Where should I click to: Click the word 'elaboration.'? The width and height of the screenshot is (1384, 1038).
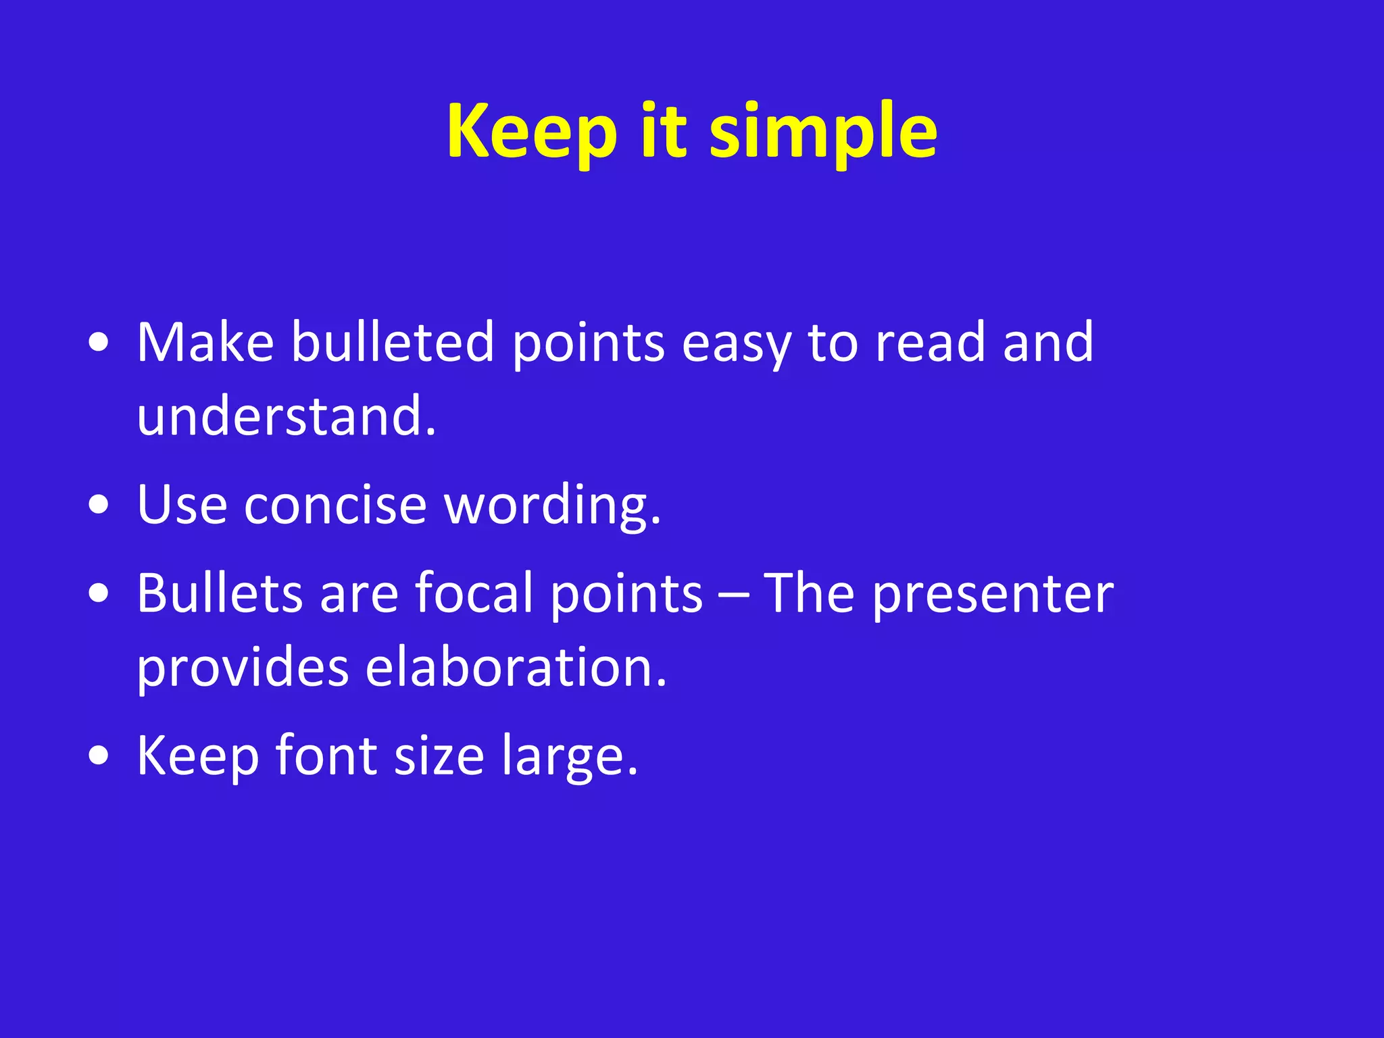coord(516,667)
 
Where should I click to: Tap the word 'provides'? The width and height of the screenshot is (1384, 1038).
coord(243,668)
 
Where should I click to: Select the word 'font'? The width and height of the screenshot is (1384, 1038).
coord(326,756)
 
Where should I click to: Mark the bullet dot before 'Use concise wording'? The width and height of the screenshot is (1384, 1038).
coord(99,505)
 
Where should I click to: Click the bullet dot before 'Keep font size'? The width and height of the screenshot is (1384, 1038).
coord(99,756)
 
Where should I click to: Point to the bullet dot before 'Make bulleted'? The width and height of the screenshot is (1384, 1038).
coord(99,343)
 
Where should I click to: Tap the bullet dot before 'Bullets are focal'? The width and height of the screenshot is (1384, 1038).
coord(99,594)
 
